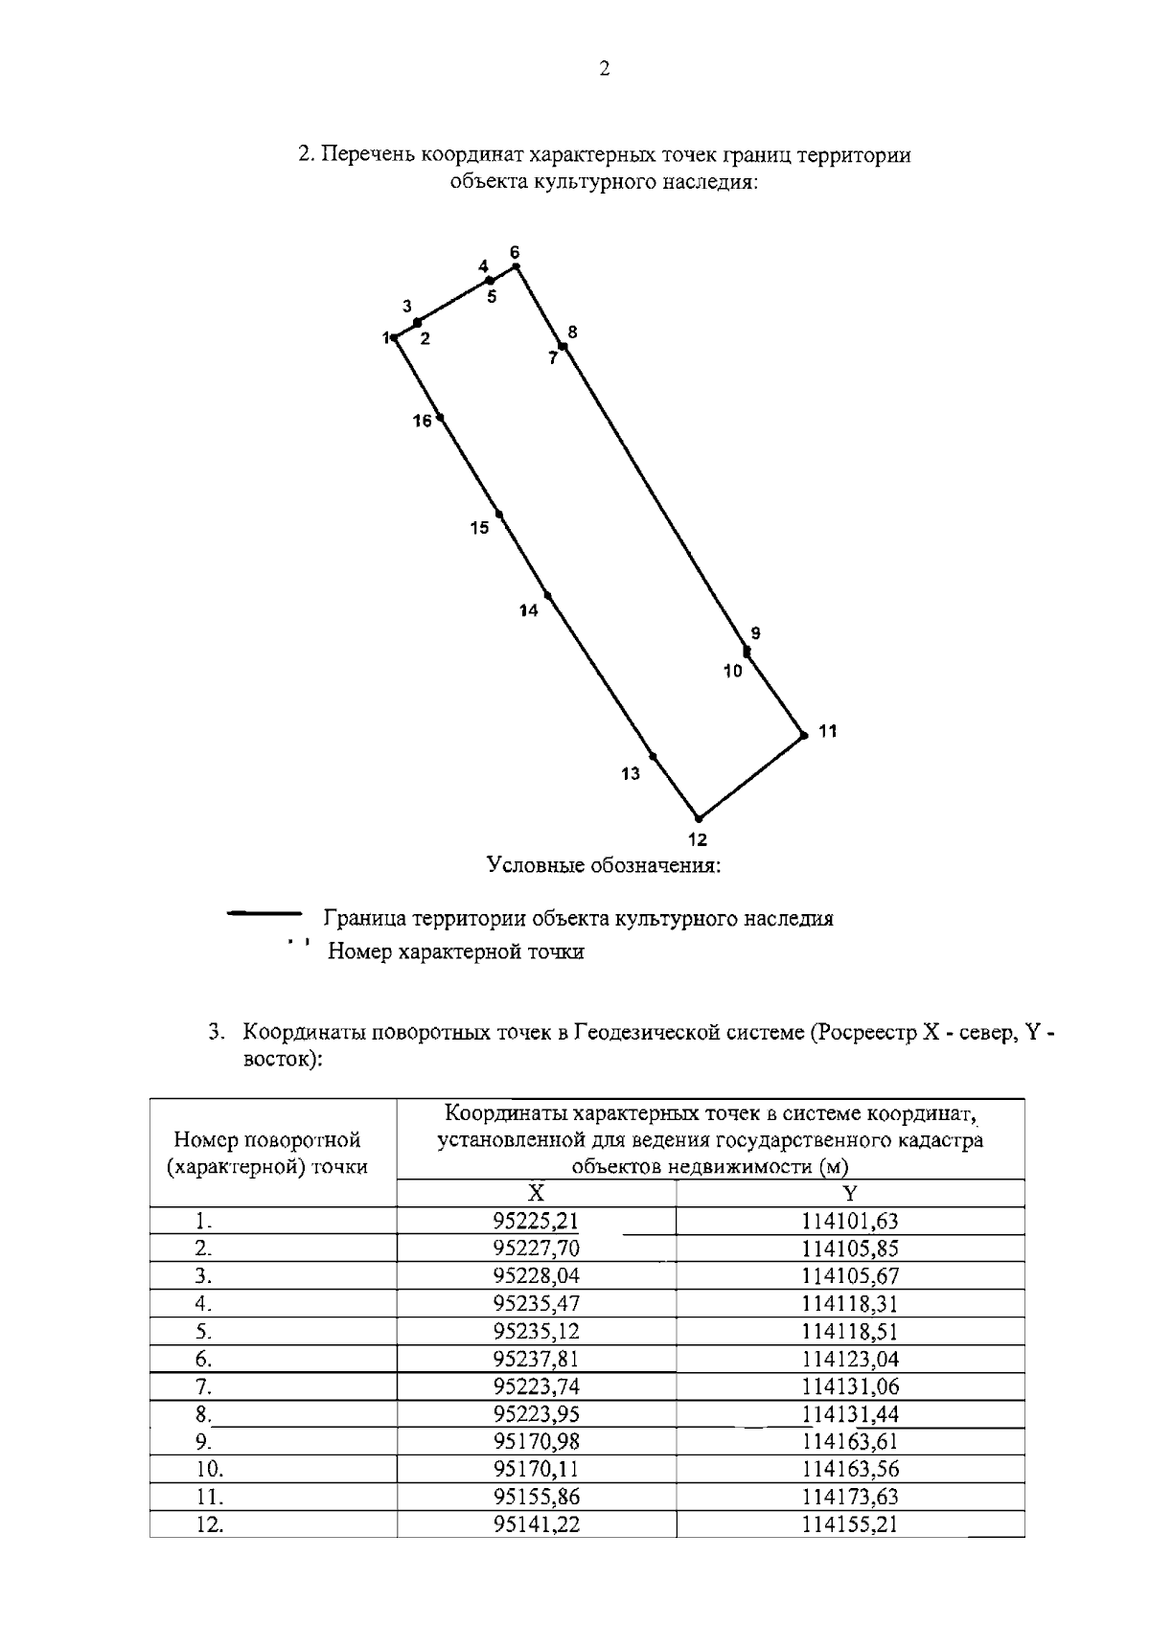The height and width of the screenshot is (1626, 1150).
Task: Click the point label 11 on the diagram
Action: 828,731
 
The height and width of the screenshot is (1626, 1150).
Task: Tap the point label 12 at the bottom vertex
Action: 698,840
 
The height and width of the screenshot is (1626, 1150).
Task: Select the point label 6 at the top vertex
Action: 515,252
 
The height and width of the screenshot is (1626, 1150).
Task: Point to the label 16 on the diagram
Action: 423,421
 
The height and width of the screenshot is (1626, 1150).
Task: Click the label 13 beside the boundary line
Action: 630,774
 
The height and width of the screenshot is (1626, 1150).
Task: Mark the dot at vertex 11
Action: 804,736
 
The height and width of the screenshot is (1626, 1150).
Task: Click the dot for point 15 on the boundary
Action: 499,515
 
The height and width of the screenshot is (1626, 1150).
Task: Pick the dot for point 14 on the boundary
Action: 547,595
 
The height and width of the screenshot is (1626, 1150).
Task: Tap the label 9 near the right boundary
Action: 755,633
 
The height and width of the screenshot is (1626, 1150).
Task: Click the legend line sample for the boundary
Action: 264,914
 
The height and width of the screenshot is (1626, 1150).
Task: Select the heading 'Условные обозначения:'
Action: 603,866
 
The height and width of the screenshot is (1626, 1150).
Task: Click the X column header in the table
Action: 537,1193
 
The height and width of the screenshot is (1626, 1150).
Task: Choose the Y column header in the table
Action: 849,1193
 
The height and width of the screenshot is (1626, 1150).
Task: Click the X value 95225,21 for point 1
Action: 537,1222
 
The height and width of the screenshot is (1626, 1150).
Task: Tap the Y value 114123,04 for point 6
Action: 849,1359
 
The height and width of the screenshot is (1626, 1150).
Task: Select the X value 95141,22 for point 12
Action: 537,1524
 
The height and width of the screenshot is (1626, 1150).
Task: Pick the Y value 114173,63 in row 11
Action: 849,1497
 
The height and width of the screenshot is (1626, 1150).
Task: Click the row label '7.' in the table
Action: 203,1387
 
